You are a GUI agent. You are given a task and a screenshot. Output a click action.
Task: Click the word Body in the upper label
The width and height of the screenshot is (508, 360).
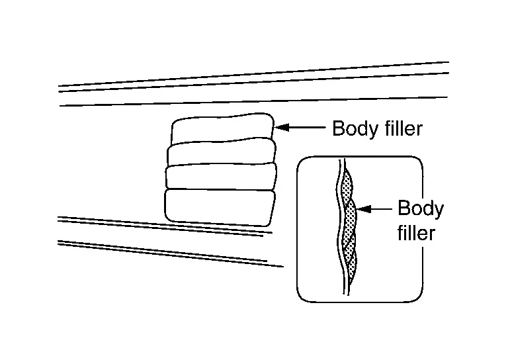[x=353, y=128]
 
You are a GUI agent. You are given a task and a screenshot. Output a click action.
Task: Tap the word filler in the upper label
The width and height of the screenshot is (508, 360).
[x=400, y=128]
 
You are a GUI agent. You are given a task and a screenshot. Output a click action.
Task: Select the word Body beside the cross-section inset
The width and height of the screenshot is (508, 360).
[x=421, y=209]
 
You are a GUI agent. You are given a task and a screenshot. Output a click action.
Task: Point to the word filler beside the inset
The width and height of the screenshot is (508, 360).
[x=416, y=233]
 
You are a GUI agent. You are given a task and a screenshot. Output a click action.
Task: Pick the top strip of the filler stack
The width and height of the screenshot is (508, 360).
[x=222, y=128]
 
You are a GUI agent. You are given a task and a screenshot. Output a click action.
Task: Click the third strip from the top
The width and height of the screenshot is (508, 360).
[x=220, y=177]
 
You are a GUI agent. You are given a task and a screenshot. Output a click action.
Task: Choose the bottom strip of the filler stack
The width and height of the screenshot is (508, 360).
[x=220, y=205]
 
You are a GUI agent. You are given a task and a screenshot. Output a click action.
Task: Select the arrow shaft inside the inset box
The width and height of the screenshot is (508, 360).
[x=377, y=210]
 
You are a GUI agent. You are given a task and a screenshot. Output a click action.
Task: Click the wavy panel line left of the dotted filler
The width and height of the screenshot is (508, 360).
[x=340, y=225]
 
